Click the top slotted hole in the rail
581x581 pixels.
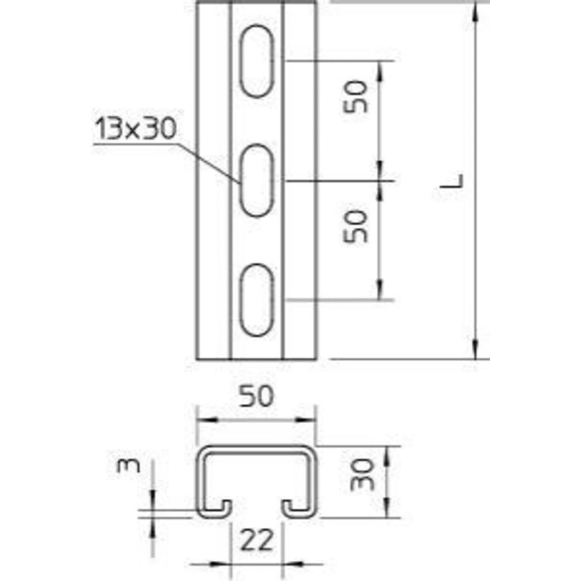coord(257,61)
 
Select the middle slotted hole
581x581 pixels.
coord(257,181)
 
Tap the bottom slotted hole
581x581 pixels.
coord(257,300)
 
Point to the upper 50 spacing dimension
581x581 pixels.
coord(356,96)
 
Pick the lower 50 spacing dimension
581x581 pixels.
coord(356,226)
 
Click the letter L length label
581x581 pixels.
coord(452,182)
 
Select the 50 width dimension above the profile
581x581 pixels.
coord(257,397)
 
